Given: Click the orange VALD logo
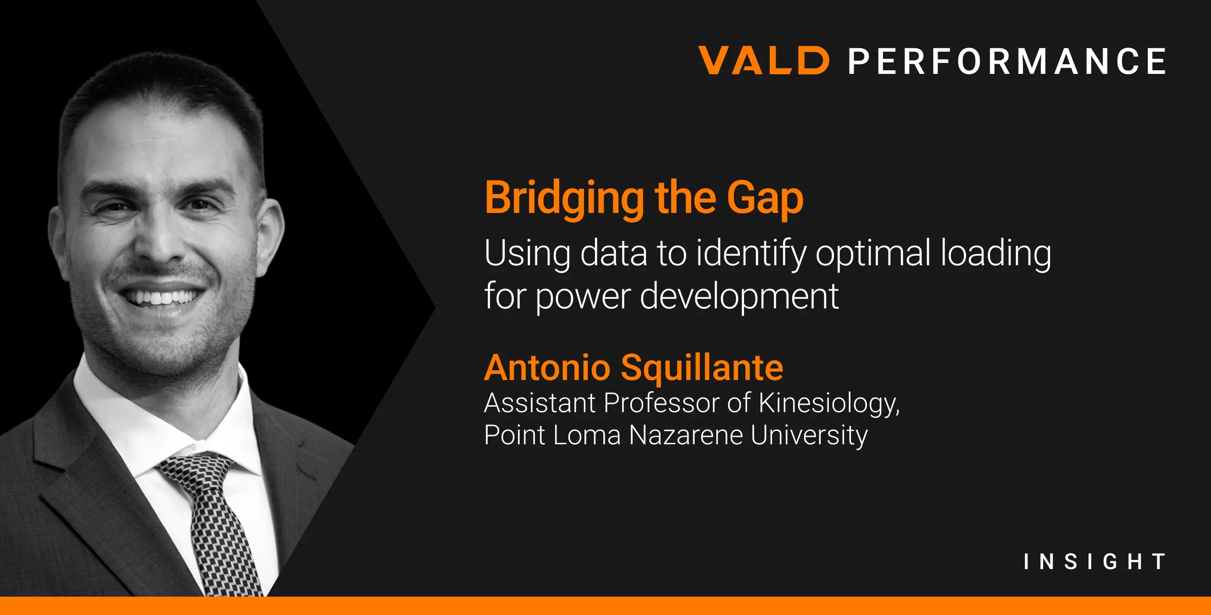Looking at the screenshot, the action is coord(764,60).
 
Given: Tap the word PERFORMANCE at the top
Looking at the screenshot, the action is coord(1007,61).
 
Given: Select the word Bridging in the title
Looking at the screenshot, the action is coord(564,199).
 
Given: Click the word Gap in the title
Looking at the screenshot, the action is coord(765,199).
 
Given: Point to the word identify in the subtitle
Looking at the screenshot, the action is coord(751,254).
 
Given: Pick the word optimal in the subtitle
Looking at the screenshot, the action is coord(873,254).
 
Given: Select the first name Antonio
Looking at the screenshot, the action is coord(547,368).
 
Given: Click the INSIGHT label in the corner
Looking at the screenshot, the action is coord(1094,561).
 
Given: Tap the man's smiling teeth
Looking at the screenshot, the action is coord(160,297).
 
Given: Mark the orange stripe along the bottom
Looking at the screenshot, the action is coord(605,606).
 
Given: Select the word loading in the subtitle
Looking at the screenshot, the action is coord(996,254).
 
